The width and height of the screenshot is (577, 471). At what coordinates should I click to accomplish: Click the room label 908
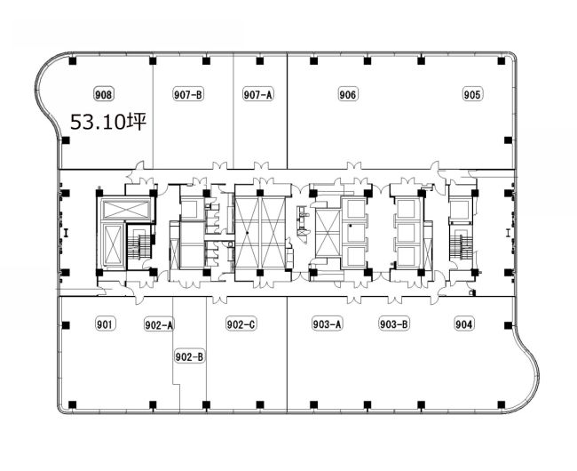[103, 94]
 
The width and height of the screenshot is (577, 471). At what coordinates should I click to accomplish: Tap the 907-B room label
[188, 94]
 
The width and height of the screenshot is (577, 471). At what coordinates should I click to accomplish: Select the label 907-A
[258, 94]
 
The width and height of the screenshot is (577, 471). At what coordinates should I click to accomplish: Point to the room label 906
[348, 94]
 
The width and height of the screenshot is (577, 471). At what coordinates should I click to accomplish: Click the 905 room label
[472, 94]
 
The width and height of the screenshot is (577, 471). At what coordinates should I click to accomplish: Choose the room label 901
[106, 324]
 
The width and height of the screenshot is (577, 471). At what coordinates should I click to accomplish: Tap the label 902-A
[159, 324]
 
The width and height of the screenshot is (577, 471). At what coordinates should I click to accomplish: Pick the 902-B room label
[189, 356]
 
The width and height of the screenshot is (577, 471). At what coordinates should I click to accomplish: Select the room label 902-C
[241, 324]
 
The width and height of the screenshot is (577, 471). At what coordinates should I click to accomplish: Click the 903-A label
[328, 324]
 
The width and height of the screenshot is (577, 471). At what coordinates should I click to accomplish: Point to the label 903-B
[394, 324]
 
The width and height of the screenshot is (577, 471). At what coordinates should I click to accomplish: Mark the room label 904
[464, 324]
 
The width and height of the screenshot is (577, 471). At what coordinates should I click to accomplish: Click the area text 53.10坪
[108, 123]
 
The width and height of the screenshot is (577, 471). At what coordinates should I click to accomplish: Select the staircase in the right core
[461, 247]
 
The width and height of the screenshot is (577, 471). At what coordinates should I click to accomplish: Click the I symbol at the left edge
[67, 233]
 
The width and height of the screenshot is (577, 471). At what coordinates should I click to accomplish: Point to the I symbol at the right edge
[508, 233]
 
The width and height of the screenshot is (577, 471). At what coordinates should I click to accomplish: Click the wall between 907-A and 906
[287, 111]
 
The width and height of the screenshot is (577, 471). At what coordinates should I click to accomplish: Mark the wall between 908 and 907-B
[153, 111]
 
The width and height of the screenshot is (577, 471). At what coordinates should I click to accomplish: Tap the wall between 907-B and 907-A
[233, 111]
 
